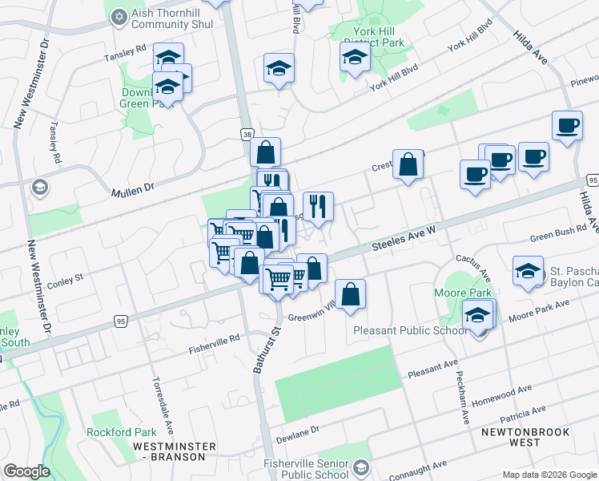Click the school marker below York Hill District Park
click(355, 56)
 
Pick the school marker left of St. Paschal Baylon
click(529, 271)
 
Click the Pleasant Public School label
click(412, 330)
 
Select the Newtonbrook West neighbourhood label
click(526, 437)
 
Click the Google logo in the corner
click(26, 471)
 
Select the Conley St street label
click(65, 280)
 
